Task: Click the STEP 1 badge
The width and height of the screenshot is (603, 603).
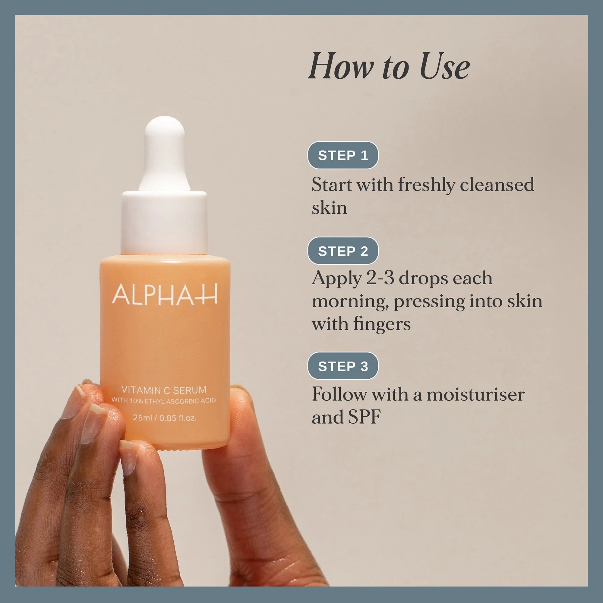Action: click(343, 155)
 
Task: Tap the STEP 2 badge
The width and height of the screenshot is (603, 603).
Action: click(343, 251)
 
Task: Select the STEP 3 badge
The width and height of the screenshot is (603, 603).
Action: click(343, 366)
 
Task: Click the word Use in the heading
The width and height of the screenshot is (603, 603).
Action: click(444, 66)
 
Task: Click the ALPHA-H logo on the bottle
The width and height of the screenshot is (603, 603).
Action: click(165, 294)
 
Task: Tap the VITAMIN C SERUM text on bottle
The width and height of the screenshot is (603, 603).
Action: click(164, 390)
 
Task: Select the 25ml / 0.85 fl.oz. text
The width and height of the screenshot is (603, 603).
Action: click(165, 417)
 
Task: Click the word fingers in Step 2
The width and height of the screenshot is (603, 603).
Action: click(382, 325)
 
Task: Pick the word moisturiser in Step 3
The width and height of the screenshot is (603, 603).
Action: click(476, 394)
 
